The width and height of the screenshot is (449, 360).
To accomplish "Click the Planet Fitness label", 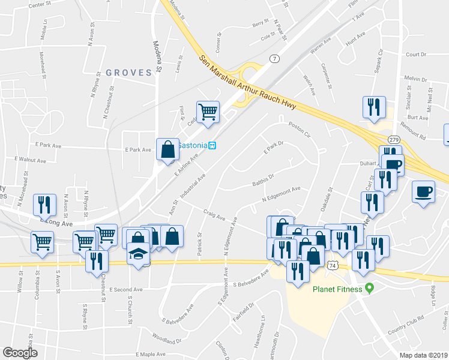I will coord(336,289).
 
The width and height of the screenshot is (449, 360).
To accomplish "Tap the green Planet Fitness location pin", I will coord(370,289).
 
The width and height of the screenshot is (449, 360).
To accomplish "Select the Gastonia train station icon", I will coord(212,145).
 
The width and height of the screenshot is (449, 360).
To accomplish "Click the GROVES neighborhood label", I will coord(128,73).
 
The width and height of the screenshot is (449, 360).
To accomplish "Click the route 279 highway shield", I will coord(394,139).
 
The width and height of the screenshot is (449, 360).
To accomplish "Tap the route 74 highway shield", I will coord(332,265).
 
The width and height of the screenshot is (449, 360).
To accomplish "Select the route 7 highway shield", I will coord(274,58).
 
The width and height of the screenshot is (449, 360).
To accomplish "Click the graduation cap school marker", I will coord(139,254).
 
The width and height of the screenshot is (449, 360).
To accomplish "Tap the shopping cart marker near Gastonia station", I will coord(208,112).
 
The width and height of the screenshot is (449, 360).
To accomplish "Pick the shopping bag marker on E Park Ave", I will coord(168,149).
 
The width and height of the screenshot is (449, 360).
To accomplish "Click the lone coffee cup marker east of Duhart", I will coord(424,192).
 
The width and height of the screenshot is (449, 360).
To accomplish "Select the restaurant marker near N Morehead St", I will coord(44,205).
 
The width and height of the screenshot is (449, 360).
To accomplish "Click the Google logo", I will coord(20,353).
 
